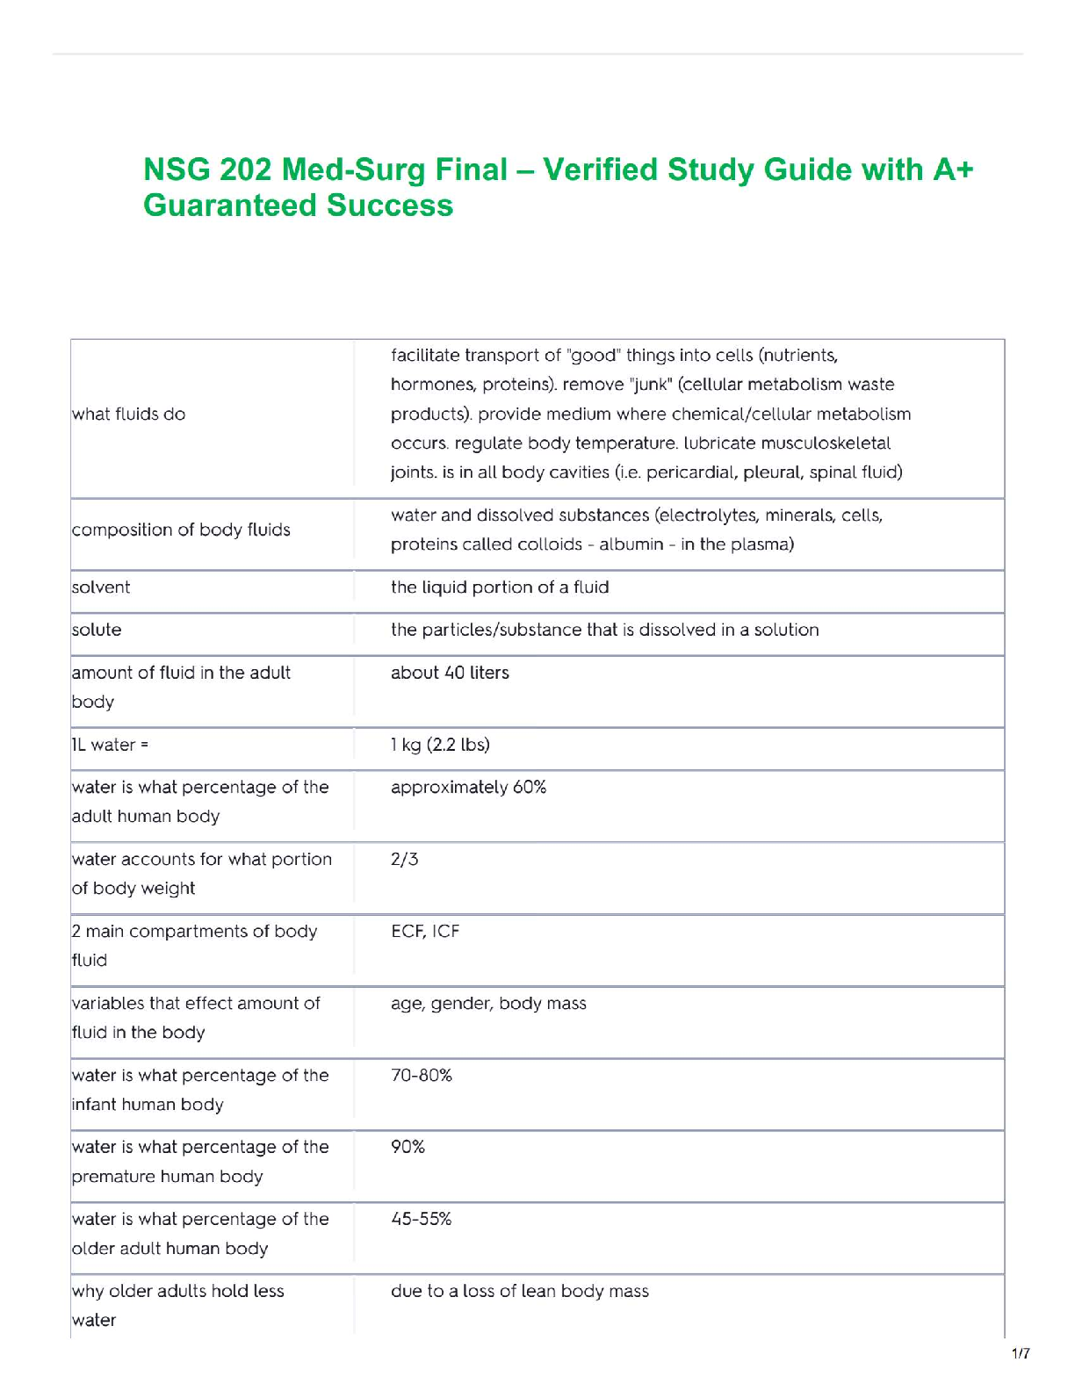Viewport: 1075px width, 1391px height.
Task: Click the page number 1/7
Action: pos(1021,1353)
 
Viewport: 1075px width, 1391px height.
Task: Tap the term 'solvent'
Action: pos(101,587)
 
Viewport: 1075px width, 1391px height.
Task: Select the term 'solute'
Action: pos(97,630)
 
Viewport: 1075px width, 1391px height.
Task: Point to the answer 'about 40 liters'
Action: pos(450,673)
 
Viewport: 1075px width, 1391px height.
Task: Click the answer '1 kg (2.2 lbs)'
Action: pos(440,745)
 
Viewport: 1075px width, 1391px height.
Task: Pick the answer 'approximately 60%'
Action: pos(468,787)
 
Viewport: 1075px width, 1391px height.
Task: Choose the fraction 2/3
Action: pos(404,859)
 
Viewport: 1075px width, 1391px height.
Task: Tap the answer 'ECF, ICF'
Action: pos(425,931)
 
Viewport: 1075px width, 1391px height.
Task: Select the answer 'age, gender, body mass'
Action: pos(488,1003)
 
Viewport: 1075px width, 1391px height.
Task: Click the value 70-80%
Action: pos(422,1075)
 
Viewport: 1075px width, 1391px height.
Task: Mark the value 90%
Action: pos(408,1147)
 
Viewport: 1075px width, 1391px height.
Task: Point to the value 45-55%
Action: pos(422,1219)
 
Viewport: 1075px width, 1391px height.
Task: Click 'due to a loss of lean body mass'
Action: pos(520,1291)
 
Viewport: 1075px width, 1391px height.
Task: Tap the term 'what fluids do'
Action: pos(129,414)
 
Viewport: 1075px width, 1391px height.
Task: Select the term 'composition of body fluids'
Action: pos(181,530)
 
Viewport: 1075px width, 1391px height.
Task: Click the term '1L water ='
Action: pos(110,745)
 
